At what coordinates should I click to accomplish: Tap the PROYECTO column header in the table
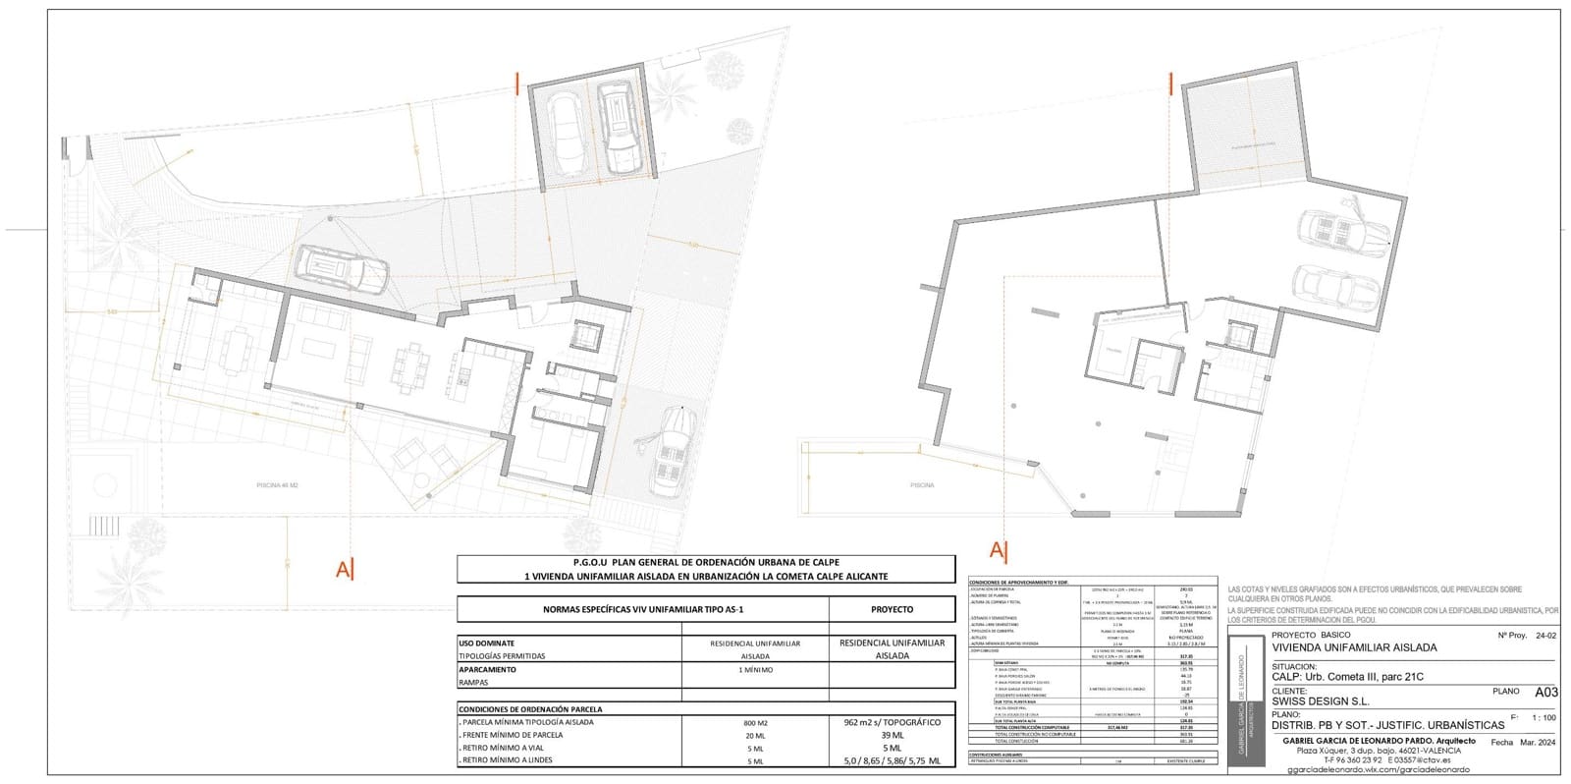point(892,609)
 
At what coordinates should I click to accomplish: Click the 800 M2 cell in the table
point(755,722)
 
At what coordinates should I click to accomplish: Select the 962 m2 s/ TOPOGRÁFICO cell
point(892,722)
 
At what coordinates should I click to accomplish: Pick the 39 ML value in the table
point(892,735)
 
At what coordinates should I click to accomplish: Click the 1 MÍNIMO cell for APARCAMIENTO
point(755,669)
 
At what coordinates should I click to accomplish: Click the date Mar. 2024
point(1540,743)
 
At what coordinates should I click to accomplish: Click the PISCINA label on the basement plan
point(922,485)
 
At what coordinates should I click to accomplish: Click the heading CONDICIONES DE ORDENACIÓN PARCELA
point(531,708)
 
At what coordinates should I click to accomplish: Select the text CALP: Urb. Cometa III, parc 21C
point(1347,676)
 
